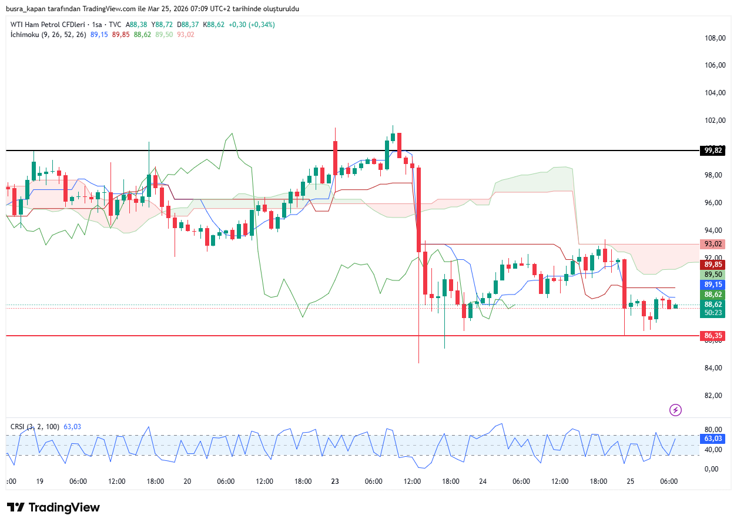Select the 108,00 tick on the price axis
tap(714, 38)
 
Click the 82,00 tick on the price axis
tap(714, 396)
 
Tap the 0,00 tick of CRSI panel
tap(711, 469)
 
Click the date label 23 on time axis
tap(335, 481)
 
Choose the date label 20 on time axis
tap(187, 481)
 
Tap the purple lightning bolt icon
tap(675, 410)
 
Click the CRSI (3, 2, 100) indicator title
tap(34, 426)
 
